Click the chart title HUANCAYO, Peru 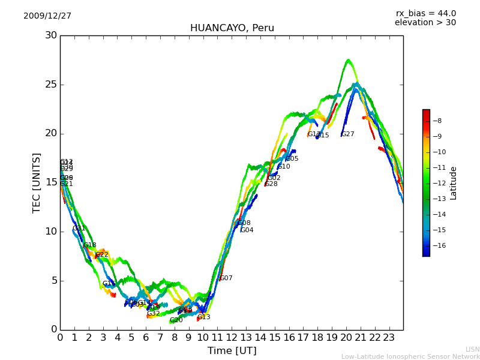[232, 28]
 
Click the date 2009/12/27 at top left [47, 16]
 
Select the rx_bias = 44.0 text [425, 14]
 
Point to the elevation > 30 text [425, 23]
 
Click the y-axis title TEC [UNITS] [37, 182]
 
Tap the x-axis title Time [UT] [232, 351]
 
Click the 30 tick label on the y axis [51, 35]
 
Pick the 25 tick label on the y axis [51, 85]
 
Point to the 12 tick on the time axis [232, 337]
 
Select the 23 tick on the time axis [389, 337]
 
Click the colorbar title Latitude [454, 183]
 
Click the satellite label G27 [348, 134]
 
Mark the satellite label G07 [226, 278]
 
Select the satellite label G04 [247, 230]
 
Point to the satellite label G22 [102, 255]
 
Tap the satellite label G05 [292, 159]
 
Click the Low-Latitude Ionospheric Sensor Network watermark [410, 357]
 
